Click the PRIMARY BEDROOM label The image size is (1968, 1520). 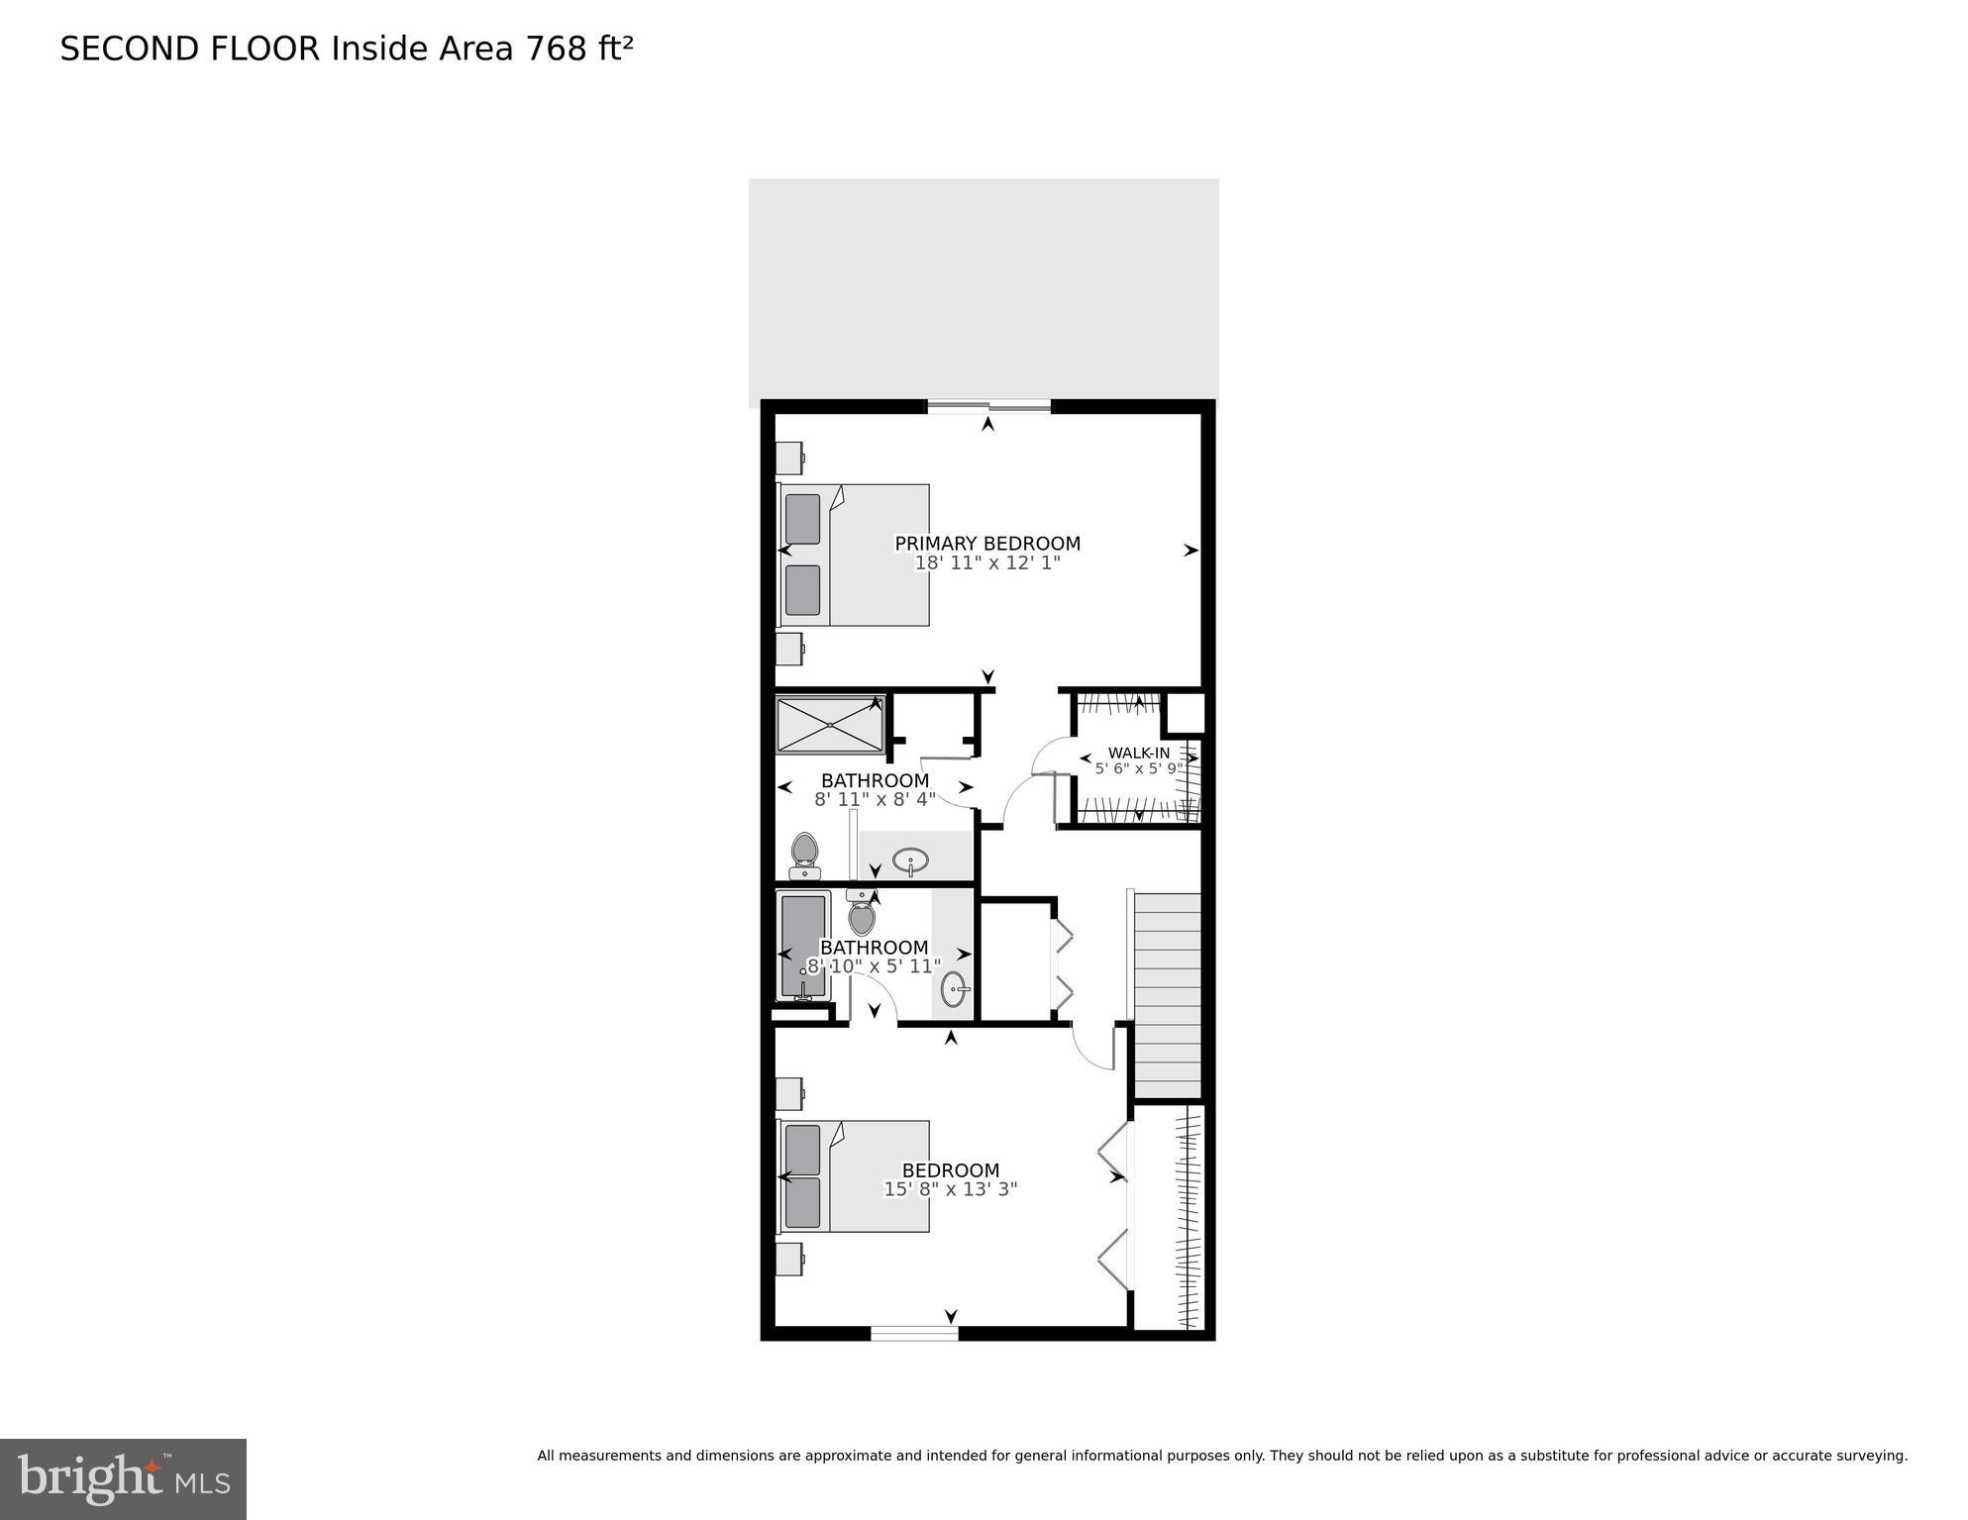(986, 544)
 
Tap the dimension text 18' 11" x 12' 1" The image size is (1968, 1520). (986, 563)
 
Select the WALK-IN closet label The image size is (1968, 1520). (1138, 753)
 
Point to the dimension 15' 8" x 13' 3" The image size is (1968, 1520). (950, 1189)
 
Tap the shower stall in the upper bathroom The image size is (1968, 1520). (829, 725)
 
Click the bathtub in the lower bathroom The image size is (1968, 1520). (803, 947)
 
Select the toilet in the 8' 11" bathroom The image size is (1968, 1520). (804, 856)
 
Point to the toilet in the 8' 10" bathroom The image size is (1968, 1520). (862, 914)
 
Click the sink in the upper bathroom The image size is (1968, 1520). (909, 861)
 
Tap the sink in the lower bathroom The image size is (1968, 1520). (954, 988)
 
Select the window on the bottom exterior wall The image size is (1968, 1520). (914, 1333)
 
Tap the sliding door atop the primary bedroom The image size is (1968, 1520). (988, 405)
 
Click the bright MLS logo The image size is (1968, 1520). (123, 1478)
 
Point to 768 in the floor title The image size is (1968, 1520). (557, 49)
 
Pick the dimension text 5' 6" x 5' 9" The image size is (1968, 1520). (1138, 767)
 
